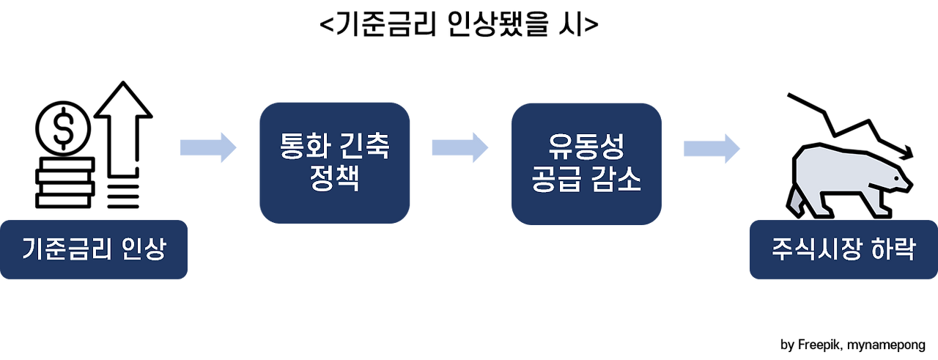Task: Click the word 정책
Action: (334, 178)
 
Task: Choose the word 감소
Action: (618, 179)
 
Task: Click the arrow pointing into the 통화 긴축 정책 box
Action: (209, 147)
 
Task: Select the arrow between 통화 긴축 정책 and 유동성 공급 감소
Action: (460, 147)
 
